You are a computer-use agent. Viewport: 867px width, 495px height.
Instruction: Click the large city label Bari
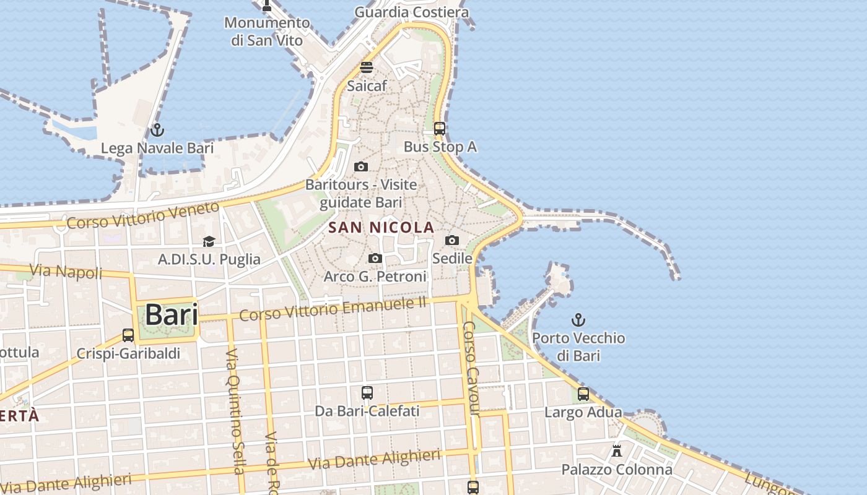pos(172,315)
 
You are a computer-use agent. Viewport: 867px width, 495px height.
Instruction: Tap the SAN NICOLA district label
pos(381,228)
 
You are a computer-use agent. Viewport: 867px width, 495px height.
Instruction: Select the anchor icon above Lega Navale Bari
pos(157,130)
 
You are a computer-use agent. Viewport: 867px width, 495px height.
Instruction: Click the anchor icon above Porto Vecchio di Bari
pos(578,320)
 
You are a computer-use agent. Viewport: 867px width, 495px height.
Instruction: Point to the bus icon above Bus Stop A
pos(440,129)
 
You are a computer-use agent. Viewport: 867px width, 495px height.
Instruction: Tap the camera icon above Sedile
pos(452,240)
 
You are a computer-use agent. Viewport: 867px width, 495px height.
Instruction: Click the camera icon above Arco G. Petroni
pos(375,258)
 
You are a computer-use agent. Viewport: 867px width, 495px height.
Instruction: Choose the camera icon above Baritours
pos(361,166)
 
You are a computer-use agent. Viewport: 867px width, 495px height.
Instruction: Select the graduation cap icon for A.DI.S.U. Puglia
pos(209,241)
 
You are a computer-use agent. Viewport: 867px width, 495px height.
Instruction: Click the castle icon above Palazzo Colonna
pos(617,451)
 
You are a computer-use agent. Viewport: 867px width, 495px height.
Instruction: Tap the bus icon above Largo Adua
pos(583,394)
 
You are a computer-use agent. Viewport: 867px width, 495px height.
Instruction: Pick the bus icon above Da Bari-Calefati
pos(367,393)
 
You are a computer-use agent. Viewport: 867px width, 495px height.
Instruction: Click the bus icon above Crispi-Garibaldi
pos(128,335)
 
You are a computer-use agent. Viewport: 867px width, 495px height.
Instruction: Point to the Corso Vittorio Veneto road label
pos(142,215)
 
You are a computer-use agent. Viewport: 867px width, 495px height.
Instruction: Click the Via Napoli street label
pos(66,271)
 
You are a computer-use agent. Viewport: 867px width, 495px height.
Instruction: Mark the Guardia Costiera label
pos(411,12)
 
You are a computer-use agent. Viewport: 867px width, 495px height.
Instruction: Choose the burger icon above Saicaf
pos(367,67)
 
